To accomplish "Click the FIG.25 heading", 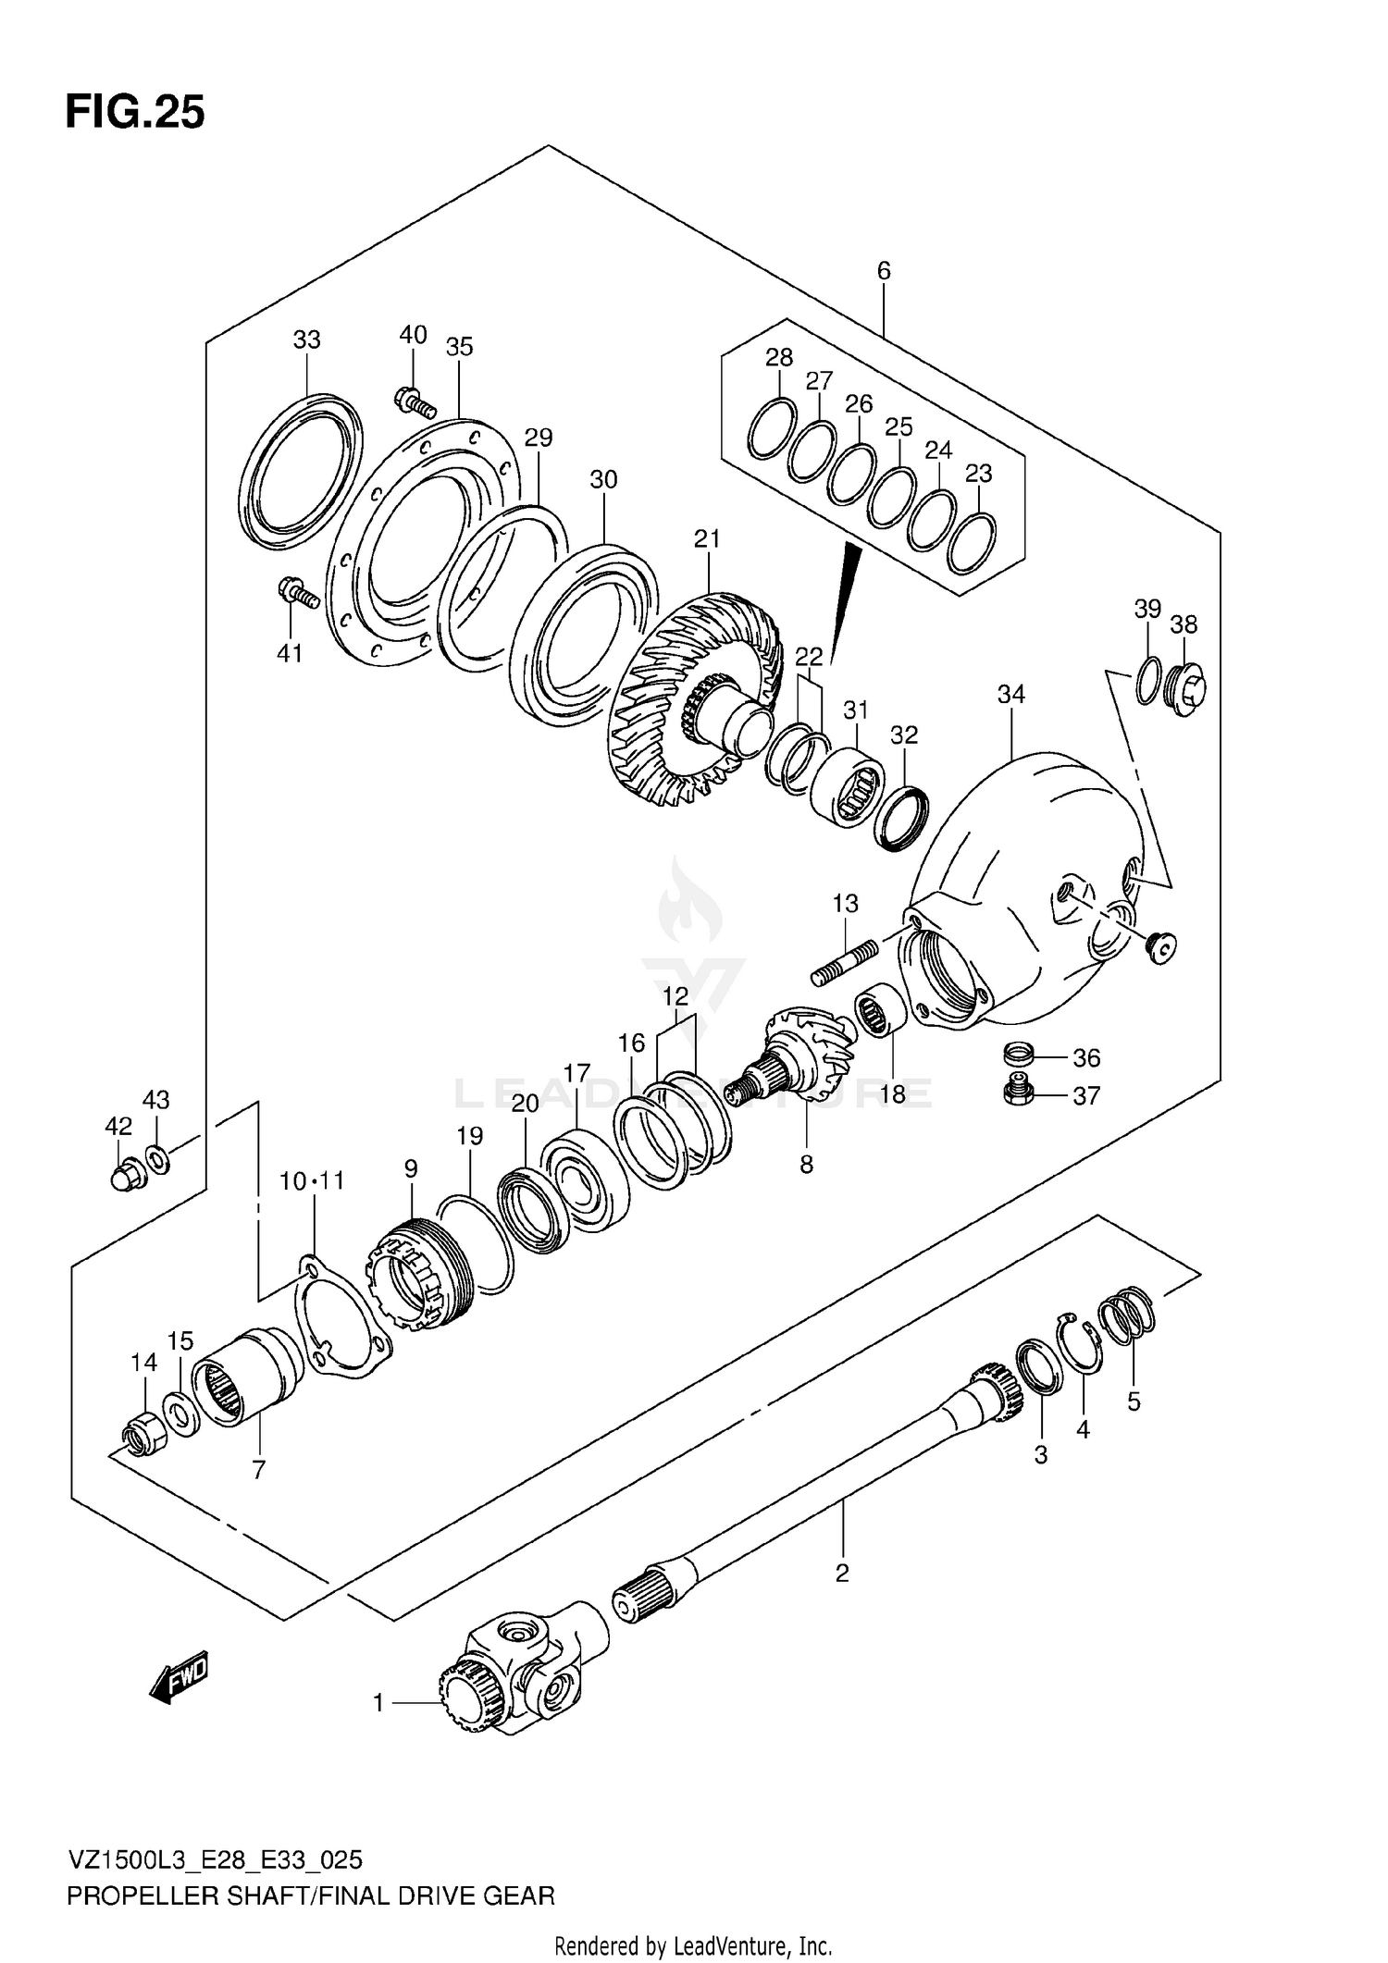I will click(x=135, y=113).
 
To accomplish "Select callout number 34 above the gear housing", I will click(x=1010, y=694).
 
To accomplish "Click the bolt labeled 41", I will click(x=298, y=593).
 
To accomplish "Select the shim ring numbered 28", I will click(x=772, y=428).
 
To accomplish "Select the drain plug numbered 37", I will click(x=1017, y=1095).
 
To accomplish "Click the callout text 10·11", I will click(x=313, y=1180).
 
